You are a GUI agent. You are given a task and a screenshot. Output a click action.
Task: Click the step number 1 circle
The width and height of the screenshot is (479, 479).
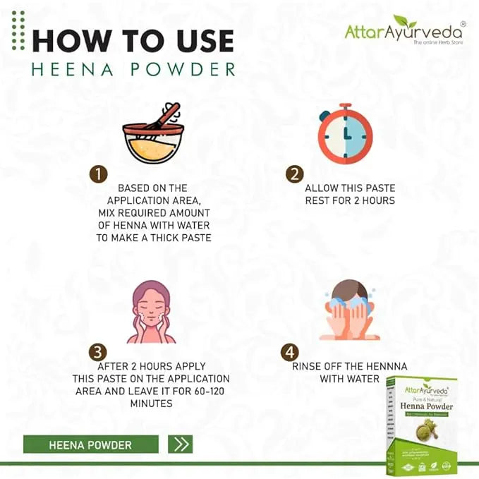[98, 174]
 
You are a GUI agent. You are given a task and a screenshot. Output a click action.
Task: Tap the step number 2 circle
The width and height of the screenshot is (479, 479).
[294, 174]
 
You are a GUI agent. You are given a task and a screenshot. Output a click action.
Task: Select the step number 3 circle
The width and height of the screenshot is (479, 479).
[98, 352]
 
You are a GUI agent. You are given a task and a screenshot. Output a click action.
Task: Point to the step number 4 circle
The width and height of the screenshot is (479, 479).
[290, 352]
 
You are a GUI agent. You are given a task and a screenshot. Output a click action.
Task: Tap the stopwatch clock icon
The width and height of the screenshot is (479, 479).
[344, 133]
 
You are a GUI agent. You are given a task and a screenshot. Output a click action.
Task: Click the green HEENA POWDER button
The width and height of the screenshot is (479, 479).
[90, 444]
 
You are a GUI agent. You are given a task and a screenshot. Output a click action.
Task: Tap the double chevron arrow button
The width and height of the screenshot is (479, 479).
[180, 444]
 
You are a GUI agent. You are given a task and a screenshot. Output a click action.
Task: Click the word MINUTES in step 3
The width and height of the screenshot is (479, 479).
[152, 404]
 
